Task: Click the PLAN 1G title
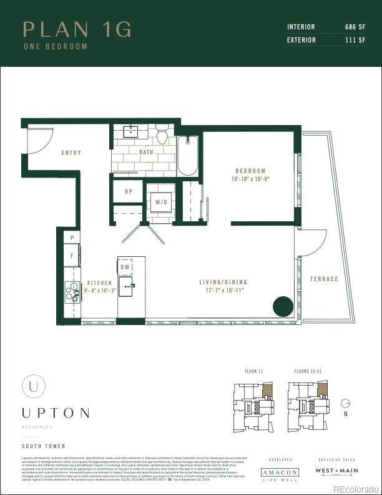(x=77, y=29)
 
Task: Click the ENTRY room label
(x=71, y=152)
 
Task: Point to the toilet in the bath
(x=162, y=136)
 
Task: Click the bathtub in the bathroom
(x=187, y=156)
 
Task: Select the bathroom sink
(x=131, y=131)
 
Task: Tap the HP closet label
(x=129, y=192)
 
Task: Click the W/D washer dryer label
(x=161, y=202)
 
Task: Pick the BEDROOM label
(x=250, y=171)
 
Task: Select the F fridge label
(x=72, y=256)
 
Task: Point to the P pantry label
(x=72, y=238)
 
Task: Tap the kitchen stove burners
(x=71, y=292)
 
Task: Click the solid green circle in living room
(x=283, y=306)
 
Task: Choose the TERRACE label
(x=324, y=279)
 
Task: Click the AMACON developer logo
(x=280, y=473)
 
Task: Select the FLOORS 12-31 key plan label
(x=307, y=371)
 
